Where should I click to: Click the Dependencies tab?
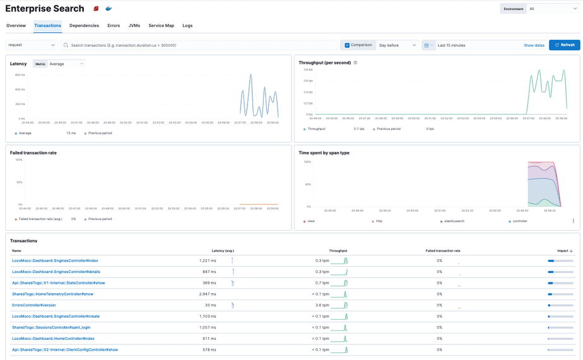coord(84,26)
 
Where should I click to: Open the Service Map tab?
coord(161,26)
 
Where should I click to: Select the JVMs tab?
coord(134,26)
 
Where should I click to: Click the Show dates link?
coord(534,45)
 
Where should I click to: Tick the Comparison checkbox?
coord(347,45)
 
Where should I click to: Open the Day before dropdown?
coord(397,45)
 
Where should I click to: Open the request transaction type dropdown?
coord(32,45)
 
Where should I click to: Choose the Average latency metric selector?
coord(66,64)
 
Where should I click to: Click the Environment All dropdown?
coord(552,9)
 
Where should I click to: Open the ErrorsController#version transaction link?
coord(33,305)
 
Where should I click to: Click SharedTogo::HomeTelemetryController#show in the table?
coord(52,294)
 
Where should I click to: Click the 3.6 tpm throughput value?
coord(321,305)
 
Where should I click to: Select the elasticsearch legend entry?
coord(452,221)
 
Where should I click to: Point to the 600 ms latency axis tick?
coord(20,75)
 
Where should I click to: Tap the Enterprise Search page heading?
coord(44,9)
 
